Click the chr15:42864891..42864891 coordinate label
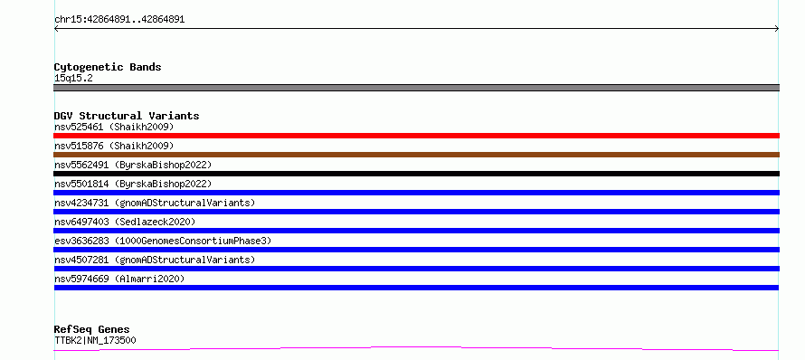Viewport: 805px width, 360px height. (119, 20)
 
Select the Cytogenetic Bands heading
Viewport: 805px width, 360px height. (108, 67)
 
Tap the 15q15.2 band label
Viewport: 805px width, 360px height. (73, 79)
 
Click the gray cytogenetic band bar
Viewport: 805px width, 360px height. (416, 88)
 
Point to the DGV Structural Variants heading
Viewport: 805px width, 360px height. (127, 116)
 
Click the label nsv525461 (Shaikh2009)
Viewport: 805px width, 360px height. (114, 127)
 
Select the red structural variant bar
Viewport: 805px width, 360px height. (416, 136)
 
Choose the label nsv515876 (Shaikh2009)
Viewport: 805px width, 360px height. (114, 146)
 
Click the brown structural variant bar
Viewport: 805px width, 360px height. (416, 155)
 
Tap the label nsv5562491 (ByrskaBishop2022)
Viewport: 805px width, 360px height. (133, 165)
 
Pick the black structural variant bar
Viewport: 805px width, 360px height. (416, 174)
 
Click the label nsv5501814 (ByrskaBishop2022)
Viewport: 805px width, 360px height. (133, 184)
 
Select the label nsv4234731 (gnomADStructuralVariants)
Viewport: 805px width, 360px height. (155, 203)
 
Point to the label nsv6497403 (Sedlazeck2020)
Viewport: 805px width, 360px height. (125, 222)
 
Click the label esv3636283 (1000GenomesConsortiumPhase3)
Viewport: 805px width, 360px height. (163, 241)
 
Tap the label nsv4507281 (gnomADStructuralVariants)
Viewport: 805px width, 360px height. (155, 260)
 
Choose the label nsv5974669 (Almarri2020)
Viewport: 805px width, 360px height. (119, 279)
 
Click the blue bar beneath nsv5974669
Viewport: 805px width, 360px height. (416, 288)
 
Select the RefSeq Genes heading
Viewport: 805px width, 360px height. (92, 329)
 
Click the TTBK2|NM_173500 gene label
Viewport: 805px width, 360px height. (95, 340)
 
